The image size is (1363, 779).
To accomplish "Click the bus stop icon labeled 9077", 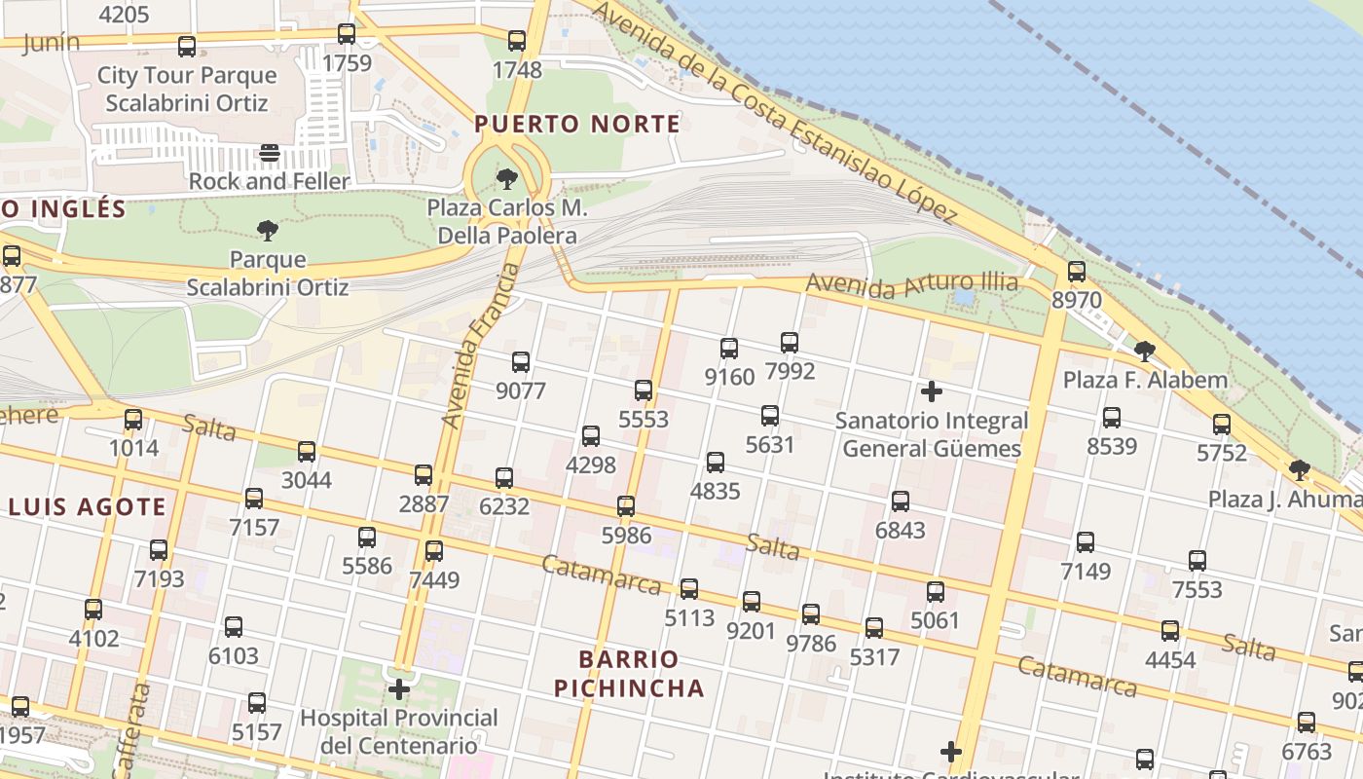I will pyautogui.click(x=521, y=362).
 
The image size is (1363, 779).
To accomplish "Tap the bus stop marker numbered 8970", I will pyautogui.click(x=1076, y=272).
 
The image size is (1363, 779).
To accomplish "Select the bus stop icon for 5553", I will pyautogui.click(x=644, y=390).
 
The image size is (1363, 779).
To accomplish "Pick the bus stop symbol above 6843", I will pyautogui.click(x=901, y=501).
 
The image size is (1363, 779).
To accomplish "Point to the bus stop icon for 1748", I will pyautogui.click(x=517, y=41).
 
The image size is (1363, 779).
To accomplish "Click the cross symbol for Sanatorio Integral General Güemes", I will pyautogui.click(x=932, y=391).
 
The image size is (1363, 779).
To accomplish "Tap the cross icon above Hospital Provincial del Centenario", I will pyautogui.click(x=399, y=689).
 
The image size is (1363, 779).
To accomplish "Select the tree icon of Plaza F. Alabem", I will pyautogui.click(x=1145, y=351).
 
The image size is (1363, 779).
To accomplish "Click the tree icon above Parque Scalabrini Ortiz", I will pyautogui.click(x=268, y=231).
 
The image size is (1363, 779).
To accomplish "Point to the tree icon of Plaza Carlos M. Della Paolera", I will pyautogui.click(x=506, y=179).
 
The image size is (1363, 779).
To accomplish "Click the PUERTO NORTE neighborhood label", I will pyautogui.click(x=577, y=124).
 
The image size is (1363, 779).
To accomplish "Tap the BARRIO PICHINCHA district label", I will pyautogui.click(x=629, y=674).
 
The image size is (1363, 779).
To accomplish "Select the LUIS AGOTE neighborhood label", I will pyautogui.click(x=88, y=506).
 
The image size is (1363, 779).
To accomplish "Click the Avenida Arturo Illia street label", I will pyautogui.click(x=911, y=284).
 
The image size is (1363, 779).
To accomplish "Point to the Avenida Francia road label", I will pyautogui.click(x=477, y=346).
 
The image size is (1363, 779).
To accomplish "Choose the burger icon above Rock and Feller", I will pyautogui.click(x=270, y=153).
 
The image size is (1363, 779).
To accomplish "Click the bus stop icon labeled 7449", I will pyautogui.click(x=434, y=551).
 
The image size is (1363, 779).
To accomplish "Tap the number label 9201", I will pyautogui.click(x=752, y=630).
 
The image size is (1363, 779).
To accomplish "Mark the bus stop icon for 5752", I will pyautogui.click(x=1222, y=425).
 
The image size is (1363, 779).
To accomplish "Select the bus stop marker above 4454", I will pyautogui.click(x=1170, y=631).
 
